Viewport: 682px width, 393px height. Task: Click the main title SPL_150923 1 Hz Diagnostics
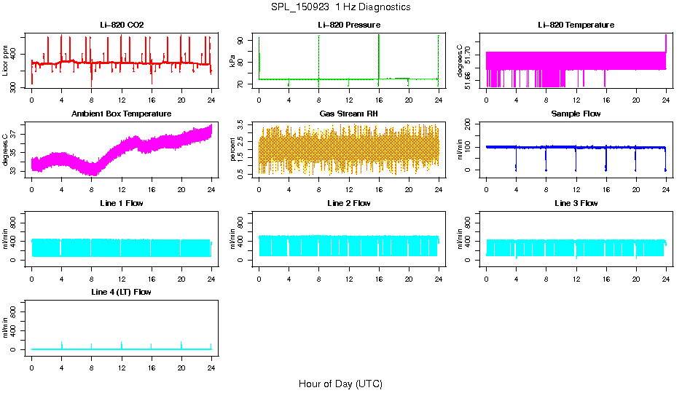(340, 7)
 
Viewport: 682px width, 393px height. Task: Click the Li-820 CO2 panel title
(122, 25)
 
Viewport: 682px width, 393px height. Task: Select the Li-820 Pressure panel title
(349, 25)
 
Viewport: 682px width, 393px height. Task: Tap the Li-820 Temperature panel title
(576, 25)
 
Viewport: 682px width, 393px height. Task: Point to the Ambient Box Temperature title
(122, 114)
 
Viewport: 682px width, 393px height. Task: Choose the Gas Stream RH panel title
(349, 114)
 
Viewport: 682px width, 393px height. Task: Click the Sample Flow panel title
(576, 114)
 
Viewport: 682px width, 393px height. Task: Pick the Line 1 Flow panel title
(122, 203)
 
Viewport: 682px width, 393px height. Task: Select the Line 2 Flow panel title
(349, 203)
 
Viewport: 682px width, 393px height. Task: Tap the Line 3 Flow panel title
(576, 203)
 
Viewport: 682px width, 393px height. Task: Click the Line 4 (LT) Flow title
(122, 292)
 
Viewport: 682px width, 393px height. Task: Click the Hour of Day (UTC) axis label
(340, 384)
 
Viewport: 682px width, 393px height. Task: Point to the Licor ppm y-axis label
(6, 60)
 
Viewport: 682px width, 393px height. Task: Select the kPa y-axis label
(233, 60)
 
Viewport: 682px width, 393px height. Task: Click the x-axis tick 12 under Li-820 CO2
(122, 99)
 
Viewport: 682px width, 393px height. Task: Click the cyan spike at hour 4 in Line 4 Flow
(62, 344)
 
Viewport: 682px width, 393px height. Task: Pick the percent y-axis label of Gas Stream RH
(233, 150)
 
